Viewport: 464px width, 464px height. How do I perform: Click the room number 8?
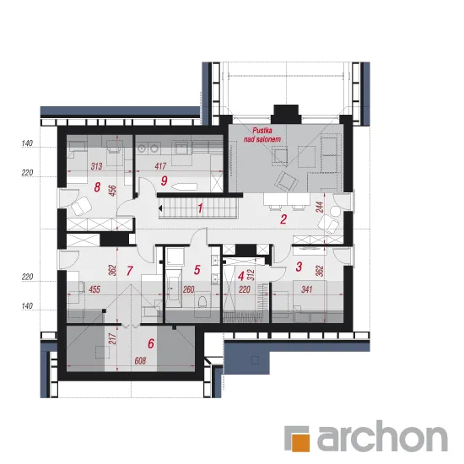tap(97, 187)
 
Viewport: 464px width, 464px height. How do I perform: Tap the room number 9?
tap(164, 181)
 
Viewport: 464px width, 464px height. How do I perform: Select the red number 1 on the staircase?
tap(200, 208)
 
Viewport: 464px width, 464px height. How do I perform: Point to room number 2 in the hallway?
tap(283, 219)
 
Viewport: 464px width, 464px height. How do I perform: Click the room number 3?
tap(299, 267)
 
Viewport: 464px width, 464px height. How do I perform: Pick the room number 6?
tap(151, 343)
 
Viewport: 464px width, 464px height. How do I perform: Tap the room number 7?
tap(130, 271)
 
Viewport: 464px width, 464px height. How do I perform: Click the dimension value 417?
tap(160, 166)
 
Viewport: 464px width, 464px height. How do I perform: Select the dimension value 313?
tap(96, 166)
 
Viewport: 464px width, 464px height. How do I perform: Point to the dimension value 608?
tap(140, 361)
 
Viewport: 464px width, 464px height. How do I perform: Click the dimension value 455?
tap(94, 289)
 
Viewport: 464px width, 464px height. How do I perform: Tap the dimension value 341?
tap(307, 289)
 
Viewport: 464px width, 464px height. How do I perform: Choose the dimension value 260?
tap(188, 289)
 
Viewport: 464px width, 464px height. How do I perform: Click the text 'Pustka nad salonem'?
tap(262, 135)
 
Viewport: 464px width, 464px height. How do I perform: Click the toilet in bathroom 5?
tap(202, 301)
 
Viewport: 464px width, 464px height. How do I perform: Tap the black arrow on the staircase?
tap(160, 208)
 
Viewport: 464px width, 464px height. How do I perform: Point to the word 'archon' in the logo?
tap(382, 438)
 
